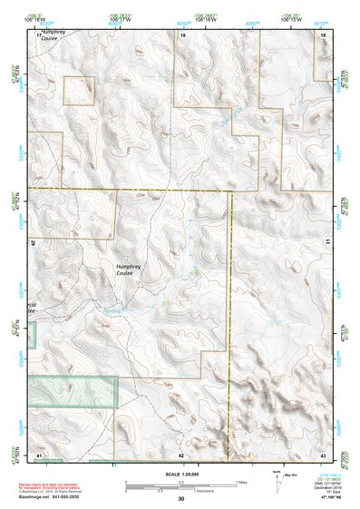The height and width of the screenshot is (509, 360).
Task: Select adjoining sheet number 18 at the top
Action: [x=183, y=34]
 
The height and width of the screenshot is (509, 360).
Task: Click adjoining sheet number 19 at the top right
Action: [x=323, y=34]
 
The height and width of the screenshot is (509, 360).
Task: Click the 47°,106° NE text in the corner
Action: [x=322, y=496]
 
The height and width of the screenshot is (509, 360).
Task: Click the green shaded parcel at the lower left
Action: [x=73, y=390]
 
